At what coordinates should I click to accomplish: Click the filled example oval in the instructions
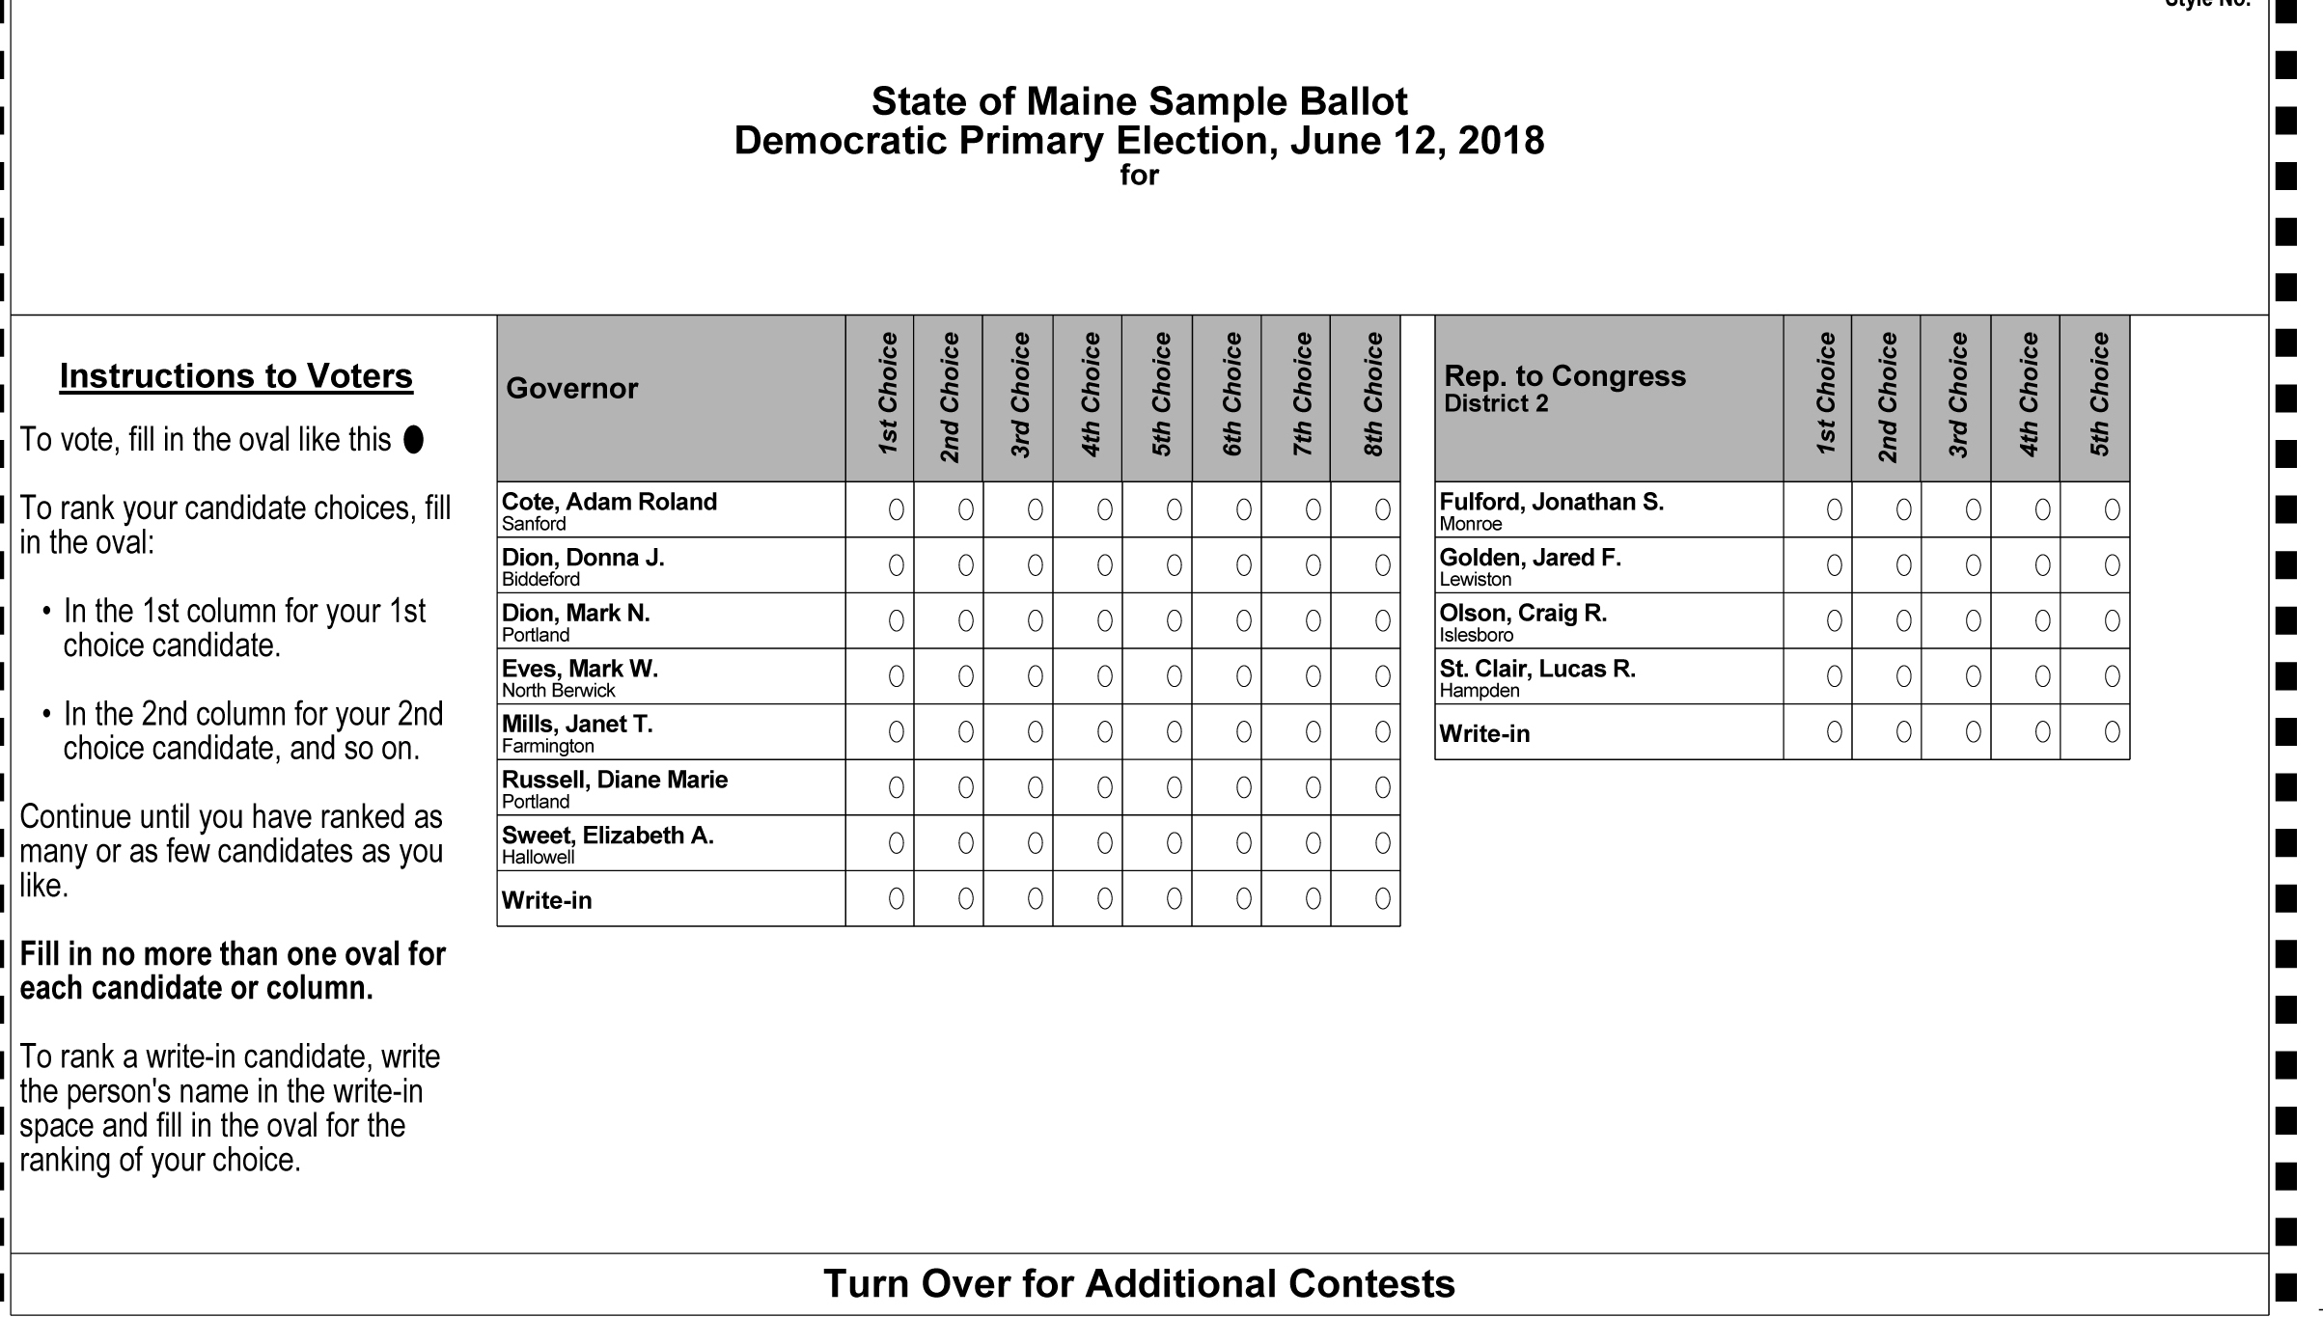click(x=413, y=440)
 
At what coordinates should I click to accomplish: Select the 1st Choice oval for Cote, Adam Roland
click(x=896, y=509)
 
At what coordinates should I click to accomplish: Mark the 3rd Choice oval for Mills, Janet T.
click(x=1035, y=732)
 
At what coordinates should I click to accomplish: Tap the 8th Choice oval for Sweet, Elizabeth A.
click(x=1382, y=843)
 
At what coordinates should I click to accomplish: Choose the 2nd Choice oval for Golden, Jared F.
click(x=1903, y=565)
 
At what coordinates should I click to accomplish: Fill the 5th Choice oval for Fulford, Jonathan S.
click(x=2112, y=509)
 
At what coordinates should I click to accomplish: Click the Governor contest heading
click(x=571, y=389)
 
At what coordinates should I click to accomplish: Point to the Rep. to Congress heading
click(x=1564, y=376)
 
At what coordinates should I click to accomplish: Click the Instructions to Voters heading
click(x=236, y=376)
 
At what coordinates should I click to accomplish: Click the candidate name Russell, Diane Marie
click(x=614, y=780)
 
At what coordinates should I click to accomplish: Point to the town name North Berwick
click(x=558, y=691)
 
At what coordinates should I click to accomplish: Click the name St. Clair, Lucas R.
click(x=1537, y=669)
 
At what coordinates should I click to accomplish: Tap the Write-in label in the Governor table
click(x=546, y=900)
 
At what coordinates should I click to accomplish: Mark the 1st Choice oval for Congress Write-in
click(x=1834, y=732)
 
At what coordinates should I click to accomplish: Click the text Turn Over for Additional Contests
click(x=1139, y=1284)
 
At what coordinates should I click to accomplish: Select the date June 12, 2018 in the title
click(x=1417, y=141)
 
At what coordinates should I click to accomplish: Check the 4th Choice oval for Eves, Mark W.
click(x=1104, y=676)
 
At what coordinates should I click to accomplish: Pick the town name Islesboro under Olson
click(x=1476, y=635)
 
